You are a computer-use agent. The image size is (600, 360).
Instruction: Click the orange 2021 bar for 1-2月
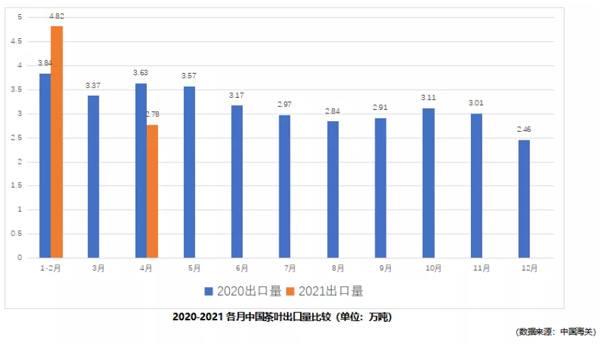[57, 141]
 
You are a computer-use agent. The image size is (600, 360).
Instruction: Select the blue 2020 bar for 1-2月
[45, 165]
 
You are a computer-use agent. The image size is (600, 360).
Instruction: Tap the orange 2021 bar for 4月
[152, 191]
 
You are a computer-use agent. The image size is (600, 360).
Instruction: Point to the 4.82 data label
[57, 17]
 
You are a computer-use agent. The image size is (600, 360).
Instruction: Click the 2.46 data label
[524, 130]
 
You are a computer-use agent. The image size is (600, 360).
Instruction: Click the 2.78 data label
[152, 115]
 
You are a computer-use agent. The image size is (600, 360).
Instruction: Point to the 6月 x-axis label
[237, 268]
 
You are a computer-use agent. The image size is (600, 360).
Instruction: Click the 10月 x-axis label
[428, 268]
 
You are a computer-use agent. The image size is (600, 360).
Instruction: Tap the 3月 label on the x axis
[93, 268]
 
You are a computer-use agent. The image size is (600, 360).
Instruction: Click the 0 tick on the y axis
[18, 258]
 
